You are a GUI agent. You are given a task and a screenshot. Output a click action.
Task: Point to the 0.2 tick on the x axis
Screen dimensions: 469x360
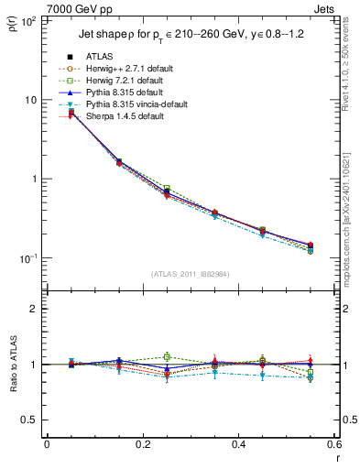(x=142, y=446)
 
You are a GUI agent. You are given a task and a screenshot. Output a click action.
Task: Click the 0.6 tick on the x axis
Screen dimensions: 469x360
(x=334, y=446)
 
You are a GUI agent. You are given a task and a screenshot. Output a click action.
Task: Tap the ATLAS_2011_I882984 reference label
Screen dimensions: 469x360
(x=190, y=274)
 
